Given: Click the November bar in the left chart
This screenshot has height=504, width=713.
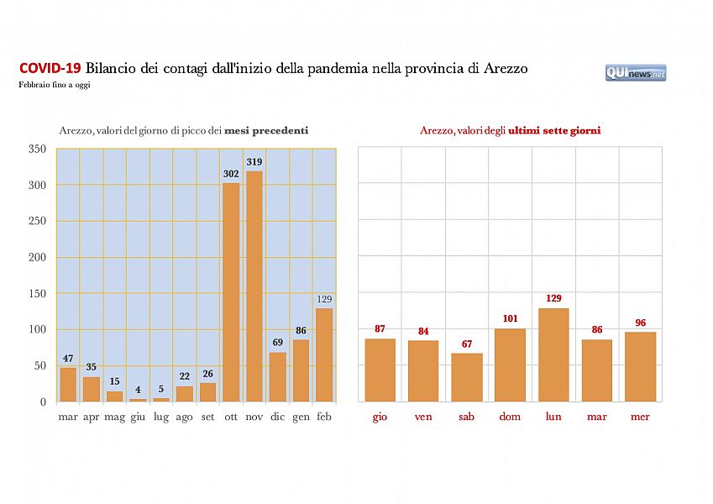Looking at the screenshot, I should (254, 286).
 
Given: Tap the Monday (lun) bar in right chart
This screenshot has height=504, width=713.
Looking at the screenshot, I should (553, 354).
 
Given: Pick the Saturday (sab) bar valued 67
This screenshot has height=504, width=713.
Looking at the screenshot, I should (467, 377).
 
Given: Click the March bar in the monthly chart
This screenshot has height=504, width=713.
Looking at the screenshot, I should (68, 384).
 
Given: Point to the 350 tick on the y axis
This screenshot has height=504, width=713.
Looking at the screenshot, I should (37, 149).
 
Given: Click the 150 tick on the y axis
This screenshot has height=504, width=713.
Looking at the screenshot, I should (37, 293).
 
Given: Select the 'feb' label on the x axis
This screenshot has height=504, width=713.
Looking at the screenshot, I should (324, 417).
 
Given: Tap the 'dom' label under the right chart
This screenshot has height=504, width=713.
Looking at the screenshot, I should (510, 417).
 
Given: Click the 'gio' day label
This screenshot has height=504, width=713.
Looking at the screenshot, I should (380, 417).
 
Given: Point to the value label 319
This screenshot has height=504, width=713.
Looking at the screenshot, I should (254, 161).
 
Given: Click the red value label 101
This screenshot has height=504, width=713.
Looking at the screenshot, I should (510, 318).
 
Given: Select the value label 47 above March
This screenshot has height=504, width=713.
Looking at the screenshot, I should (68, 359).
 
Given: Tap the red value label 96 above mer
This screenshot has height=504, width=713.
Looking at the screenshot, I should (641, 323).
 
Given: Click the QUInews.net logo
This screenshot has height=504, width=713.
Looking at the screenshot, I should (636, 73).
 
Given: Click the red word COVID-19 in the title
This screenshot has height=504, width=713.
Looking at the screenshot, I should (50, 68).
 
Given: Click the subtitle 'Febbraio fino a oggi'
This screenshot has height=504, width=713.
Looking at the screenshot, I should (54, 85).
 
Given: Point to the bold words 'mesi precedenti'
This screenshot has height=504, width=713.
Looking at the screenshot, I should (266, 130).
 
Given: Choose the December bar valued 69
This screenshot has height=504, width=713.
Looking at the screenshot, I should (278, 376).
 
